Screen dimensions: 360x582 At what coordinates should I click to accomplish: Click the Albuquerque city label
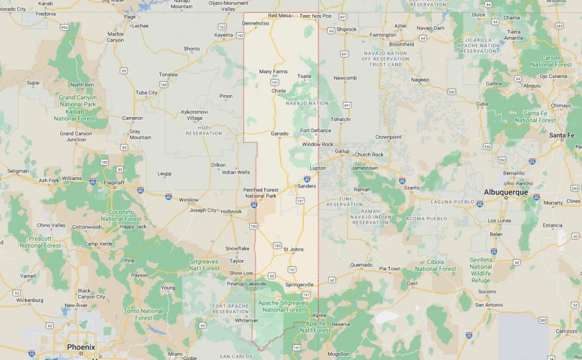pos(505,192)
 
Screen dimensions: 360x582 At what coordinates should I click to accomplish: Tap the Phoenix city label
pos(80,347)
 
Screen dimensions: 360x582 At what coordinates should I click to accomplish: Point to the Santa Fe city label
pos(561,136)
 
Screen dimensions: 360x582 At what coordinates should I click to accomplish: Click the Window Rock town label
pos(317,144)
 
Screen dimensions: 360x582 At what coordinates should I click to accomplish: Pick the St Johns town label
pos(294,249)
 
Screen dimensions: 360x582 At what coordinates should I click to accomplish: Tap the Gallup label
pos(342,151)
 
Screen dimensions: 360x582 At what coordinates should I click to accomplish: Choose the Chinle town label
pos(279,90)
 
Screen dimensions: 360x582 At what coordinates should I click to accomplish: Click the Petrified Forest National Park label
pos(261,193)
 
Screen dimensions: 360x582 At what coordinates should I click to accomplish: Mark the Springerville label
pos(300,284)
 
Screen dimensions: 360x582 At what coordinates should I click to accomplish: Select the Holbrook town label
pos(231,211)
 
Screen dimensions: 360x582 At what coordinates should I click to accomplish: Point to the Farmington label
pos(383,35)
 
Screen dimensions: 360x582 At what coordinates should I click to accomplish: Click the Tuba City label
pos(147,92)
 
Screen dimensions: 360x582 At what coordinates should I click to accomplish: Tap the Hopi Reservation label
pos(204,133)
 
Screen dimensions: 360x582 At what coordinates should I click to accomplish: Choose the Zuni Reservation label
pos(344,204)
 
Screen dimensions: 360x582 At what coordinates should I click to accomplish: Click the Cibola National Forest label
pos(435,265)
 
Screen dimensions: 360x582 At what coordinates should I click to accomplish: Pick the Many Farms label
pos(273,71)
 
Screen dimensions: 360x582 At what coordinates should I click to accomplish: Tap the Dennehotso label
pos(256,23)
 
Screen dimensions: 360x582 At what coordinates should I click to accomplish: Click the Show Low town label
pos(241,273)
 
